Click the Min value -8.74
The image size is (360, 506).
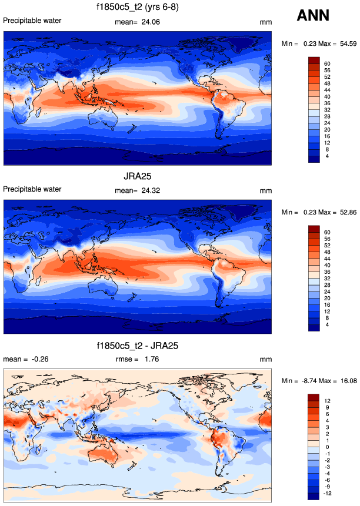[x=311, y=381]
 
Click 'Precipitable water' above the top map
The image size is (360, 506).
[x=32, y=21]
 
